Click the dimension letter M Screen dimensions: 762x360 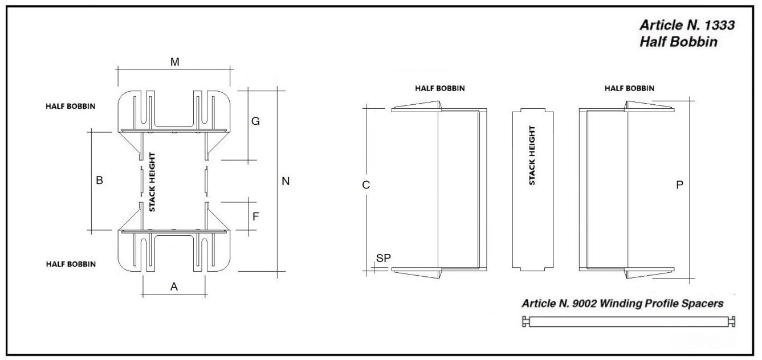[174, 62]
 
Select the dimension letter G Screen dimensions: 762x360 [255, 121]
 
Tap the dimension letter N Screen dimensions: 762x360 [286, 181]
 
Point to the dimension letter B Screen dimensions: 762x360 [99, 180]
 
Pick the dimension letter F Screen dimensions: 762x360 [256, 216]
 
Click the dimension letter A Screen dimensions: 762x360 [174, 287]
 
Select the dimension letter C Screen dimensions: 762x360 [366, 185]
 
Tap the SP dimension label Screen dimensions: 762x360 [384, 258]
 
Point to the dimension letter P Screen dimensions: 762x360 [679, 185]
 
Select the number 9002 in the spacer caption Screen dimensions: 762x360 [584, 303]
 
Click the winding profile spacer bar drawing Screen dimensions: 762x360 [629, 321]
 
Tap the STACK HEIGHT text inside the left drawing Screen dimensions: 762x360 [152, 182]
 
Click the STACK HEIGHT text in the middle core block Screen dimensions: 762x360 [532, 156]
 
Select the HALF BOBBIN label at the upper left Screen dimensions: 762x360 [71, 106]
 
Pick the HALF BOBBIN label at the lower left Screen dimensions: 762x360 [71, 264]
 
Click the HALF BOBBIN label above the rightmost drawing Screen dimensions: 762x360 [629, 88]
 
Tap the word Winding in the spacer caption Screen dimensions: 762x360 [621, 304]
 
